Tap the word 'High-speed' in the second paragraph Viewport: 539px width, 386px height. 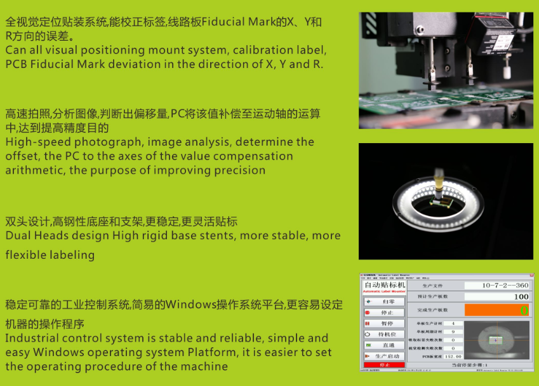tap(32, 142)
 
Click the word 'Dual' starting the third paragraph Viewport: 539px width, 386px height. tap(18, 236)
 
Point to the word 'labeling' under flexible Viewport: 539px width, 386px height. tap(73, 255)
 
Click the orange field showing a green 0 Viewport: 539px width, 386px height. tap(496, 310)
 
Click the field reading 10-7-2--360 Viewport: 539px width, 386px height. tap(496, 286)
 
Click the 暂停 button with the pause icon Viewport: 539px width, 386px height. tap(383, 324)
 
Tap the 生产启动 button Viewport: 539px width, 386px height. tap(383, 356)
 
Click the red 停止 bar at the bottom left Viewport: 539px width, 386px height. tap(383, 365)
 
